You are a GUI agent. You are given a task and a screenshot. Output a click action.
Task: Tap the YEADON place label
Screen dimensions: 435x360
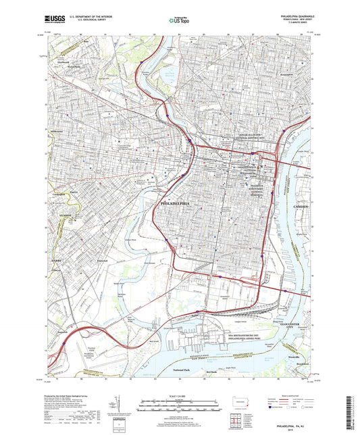(x=66, y=215)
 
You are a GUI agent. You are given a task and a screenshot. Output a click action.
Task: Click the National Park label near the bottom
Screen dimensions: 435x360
(x=181, y=371)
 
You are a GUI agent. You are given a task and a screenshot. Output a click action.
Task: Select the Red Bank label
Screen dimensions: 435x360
(x=212, y=372)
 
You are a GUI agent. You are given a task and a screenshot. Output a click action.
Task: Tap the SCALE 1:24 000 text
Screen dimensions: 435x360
(x=180, y=395)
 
